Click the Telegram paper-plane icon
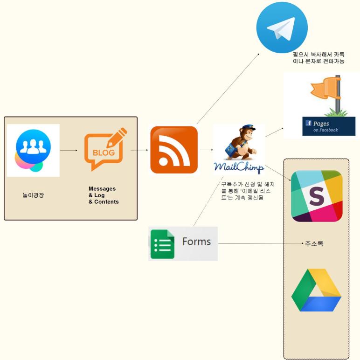coord(282,28)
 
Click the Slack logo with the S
coord(316,196)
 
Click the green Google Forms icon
coord(162,244)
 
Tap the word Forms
coord(196,242)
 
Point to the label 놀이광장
coord(32,195)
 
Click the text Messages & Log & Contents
coord(104,195)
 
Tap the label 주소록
coord(314,243)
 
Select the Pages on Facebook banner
coord(325,126)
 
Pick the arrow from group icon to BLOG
coord(69,150)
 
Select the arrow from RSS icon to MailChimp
coord(206,150)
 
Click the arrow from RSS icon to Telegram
coord(228,89)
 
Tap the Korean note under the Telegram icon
coord(318,58)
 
